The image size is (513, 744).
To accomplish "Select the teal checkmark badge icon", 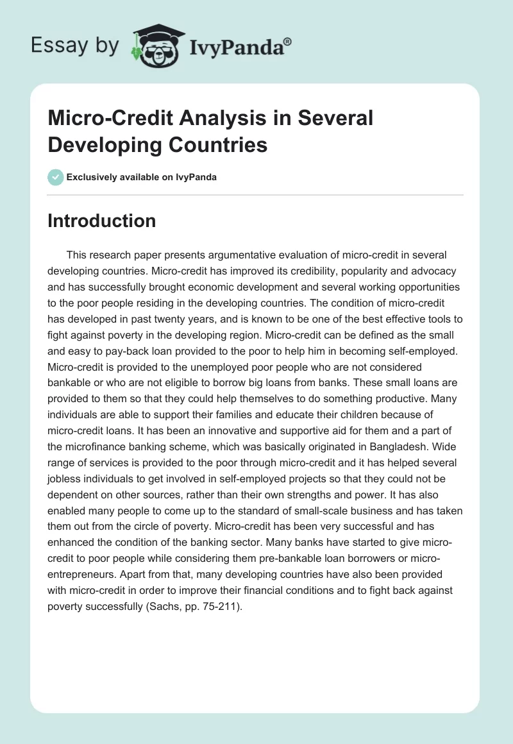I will [x=55, y=177].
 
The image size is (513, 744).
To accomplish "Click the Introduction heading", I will [x=102, y=221].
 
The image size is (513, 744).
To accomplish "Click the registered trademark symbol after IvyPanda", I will [x=288, y=42].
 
